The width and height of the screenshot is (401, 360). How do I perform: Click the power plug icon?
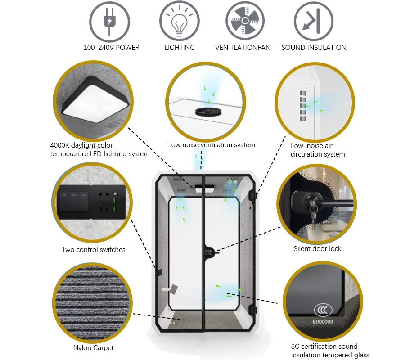point(109,21)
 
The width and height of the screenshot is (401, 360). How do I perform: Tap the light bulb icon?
point(180,21)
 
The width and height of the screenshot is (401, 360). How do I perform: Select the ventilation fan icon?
point(245,21)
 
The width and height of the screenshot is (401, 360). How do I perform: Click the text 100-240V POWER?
point(111,48)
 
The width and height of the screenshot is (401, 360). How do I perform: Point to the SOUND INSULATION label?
point(314,48)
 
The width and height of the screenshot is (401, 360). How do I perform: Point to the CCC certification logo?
point(323,310)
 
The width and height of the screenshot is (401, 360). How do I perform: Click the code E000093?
point(323,322)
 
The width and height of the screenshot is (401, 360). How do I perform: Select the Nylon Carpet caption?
point(93,348)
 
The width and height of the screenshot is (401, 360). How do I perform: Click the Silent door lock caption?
point(317,249)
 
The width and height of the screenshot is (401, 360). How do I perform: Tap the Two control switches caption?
point(94,250)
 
